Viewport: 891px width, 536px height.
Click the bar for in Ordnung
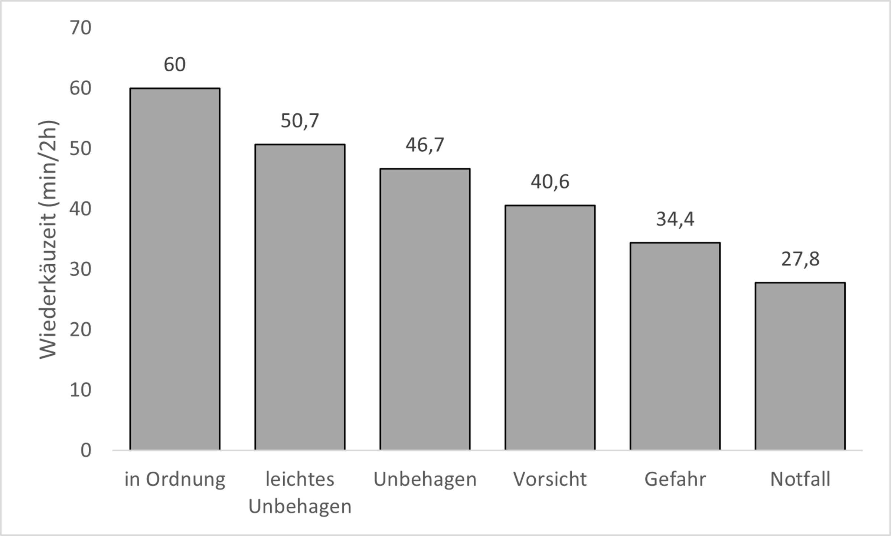pyautogui.click(x=175, y=269)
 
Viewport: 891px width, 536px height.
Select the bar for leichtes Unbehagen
pyautogui.click(x=300, y=297)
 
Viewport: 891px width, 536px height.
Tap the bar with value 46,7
pyautogui.click(x=425, y=309)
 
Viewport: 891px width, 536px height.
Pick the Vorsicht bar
pyautogui.click(x=550, y=327)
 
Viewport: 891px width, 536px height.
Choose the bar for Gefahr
pyautogui.click(x=675, y=346)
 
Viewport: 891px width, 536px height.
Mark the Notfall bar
pyautogui.click(x=800, y=366)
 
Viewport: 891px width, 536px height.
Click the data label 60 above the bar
pyautogui.click(x=175, y=65)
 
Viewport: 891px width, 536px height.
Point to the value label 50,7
pyautogui.click(x=300, y=121)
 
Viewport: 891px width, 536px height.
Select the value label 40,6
pyautogui.click(x=550, y=182)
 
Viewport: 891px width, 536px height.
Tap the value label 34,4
pyautogui.click(x=675, y=219)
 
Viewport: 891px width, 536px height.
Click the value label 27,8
pyautogui.click(x=800, y=259)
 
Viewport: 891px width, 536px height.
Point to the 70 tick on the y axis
pyautogui.click(x=81, y=28)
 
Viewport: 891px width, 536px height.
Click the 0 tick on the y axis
pyautogui.click(x=86, y=451)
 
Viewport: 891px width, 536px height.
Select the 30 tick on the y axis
pyautogui.click(x=81, y=269)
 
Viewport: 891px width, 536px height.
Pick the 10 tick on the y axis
pyautogui.click(x=81, y=390)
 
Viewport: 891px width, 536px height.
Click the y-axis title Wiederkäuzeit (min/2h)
pyautogui.click(x=48, y=240)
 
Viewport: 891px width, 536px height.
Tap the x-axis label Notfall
pyautogui.click(x=800, y=479)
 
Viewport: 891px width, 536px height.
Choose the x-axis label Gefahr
pyautogui.click(x=675, y=479)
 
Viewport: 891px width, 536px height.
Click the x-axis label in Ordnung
pyautogui.click(x=175, y=480)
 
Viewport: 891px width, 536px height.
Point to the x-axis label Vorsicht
pyautogui.click(x=550, y=479)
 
